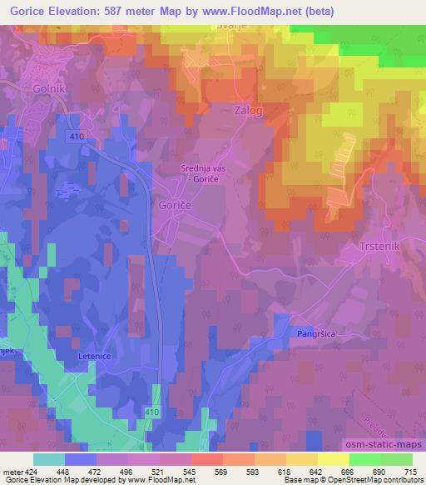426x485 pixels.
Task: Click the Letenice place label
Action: (94, 356)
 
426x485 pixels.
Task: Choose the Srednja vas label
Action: (204, 169)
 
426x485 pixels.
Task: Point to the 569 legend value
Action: (222, 471)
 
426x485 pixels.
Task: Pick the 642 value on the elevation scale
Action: (317, 471)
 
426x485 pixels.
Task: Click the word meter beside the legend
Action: (11, 471)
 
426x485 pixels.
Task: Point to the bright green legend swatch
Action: (364, 460)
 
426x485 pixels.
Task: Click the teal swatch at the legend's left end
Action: (48, 460)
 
